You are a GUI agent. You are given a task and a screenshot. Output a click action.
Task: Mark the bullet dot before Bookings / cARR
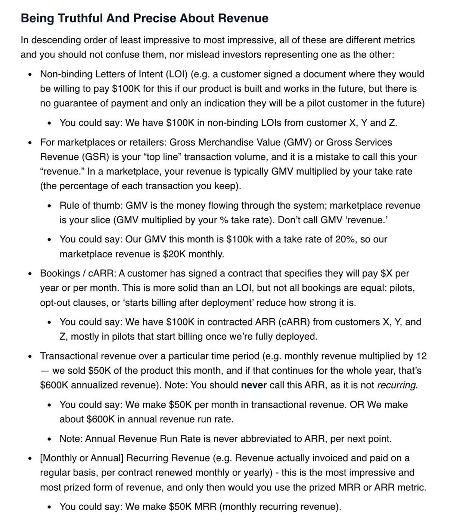click(30, 274)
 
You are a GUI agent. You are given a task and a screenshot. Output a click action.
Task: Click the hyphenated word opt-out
click(55, 303)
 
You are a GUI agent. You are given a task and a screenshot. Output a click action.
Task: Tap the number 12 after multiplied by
click(421, 356)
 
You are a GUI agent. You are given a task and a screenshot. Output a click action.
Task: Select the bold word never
click(254, 385)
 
